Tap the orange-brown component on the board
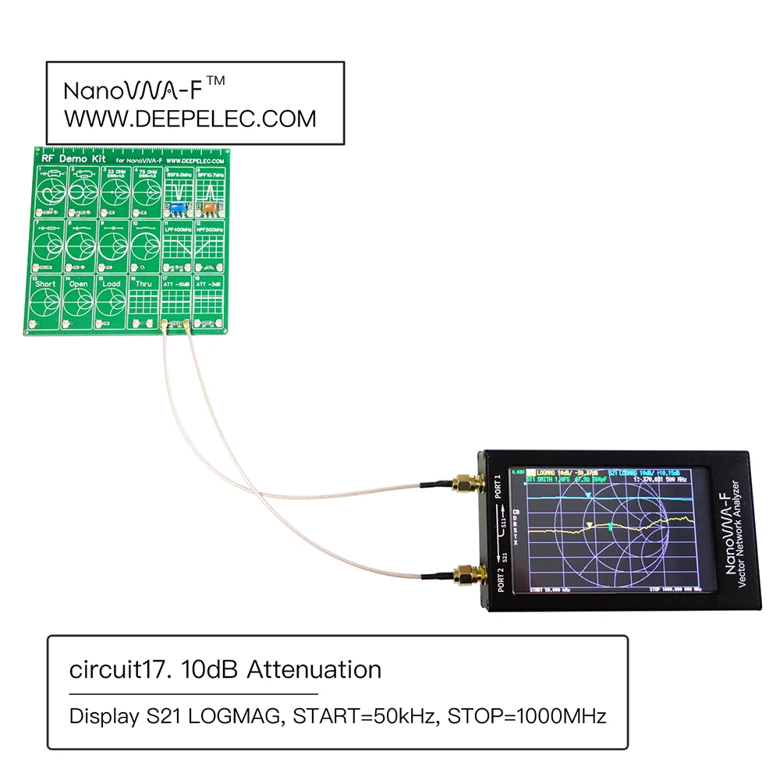208,208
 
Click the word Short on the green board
46,284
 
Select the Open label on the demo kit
78,284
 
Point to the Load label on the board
111,284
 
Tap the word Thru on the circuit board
144,284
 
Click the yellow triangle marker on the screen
590,526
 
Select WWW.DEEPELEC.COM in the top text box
190,119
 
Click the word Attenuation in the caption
314,669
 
